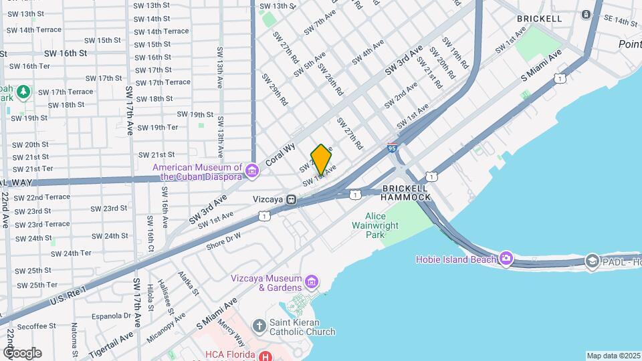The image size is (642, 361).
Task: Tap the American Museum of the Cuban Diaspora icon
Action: click(252, 172)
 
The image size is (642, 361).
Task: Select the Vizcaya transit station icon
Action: click(292, 199)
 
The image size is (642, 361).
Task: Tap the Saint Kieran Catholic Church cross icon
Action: click(259, 326)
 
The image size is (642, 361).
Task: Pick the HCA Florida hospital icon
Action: click(267, 356)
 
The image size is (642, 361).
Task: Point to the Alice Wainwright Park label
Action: click(375, 225)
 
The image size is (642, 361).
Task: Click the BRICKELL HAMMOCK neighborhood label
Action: click(406, 192)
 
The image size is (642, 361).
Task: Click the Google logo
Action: click(22, 353)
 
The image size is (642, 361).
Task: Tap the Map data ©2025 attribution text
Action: click(613, 356)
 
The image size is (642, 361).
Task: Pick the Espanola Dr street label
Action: click(110, 315)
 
